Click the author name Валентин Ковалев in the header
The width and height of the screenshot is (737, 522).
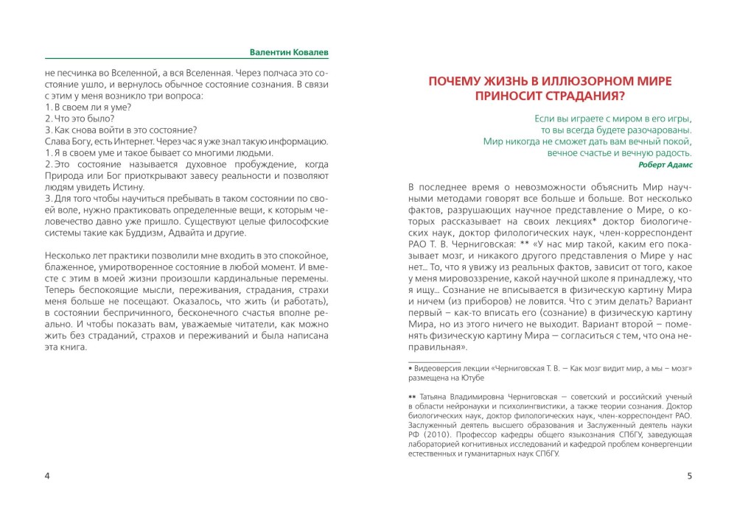pos(289,53)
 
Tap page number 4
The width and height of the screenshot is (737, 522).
pos(47,475)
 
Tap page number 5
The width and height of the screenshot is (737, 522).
pos(689,475)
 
